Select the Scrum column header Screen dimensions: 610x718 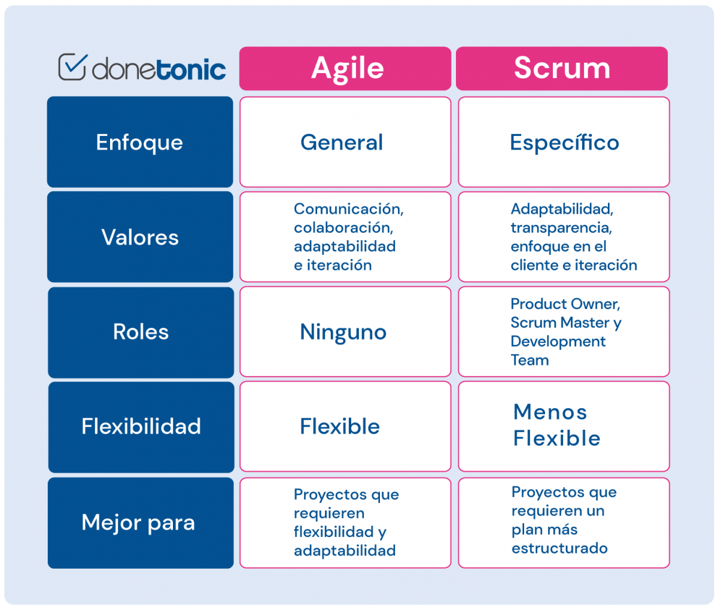tap(561, 68)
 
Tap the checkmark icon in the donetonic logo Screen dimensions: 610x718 tap(72, 67)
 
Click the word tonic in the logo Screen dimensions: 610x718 tap(192, 70)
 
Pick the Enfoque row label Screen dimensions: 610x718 tap(139, 142)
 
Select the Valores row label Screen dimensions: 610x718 tap(140, 237)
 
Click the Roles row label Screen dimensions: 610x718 tap(141, 332)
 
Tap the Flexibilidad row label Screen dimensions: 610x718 tap(141, 427)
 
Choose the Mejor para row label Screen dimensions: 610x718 tap(138, 523)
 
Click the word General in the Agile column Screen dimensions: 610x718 tap(342, 142)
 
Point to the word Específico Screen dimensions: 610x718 tap(564, 143)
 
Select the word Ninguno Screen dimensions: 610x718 tap(343, 332)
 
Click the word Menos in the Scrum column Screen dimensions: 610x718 tap(550, 412)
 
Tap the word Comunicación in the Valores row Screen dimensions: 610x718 tap(348, 209)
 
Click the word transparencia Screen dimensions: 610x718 tap(561, 228)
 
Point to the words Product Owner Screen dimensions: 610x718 tap(565, 304)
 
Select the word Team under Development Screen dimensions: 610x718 tap(530, 360)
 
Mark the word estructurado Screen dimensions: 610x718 tap(559, 548)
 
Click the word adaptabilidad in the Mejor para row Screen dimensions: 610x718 tap(344, 551)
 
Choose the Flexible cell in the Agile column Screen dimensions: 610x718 tap(340, 427)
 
